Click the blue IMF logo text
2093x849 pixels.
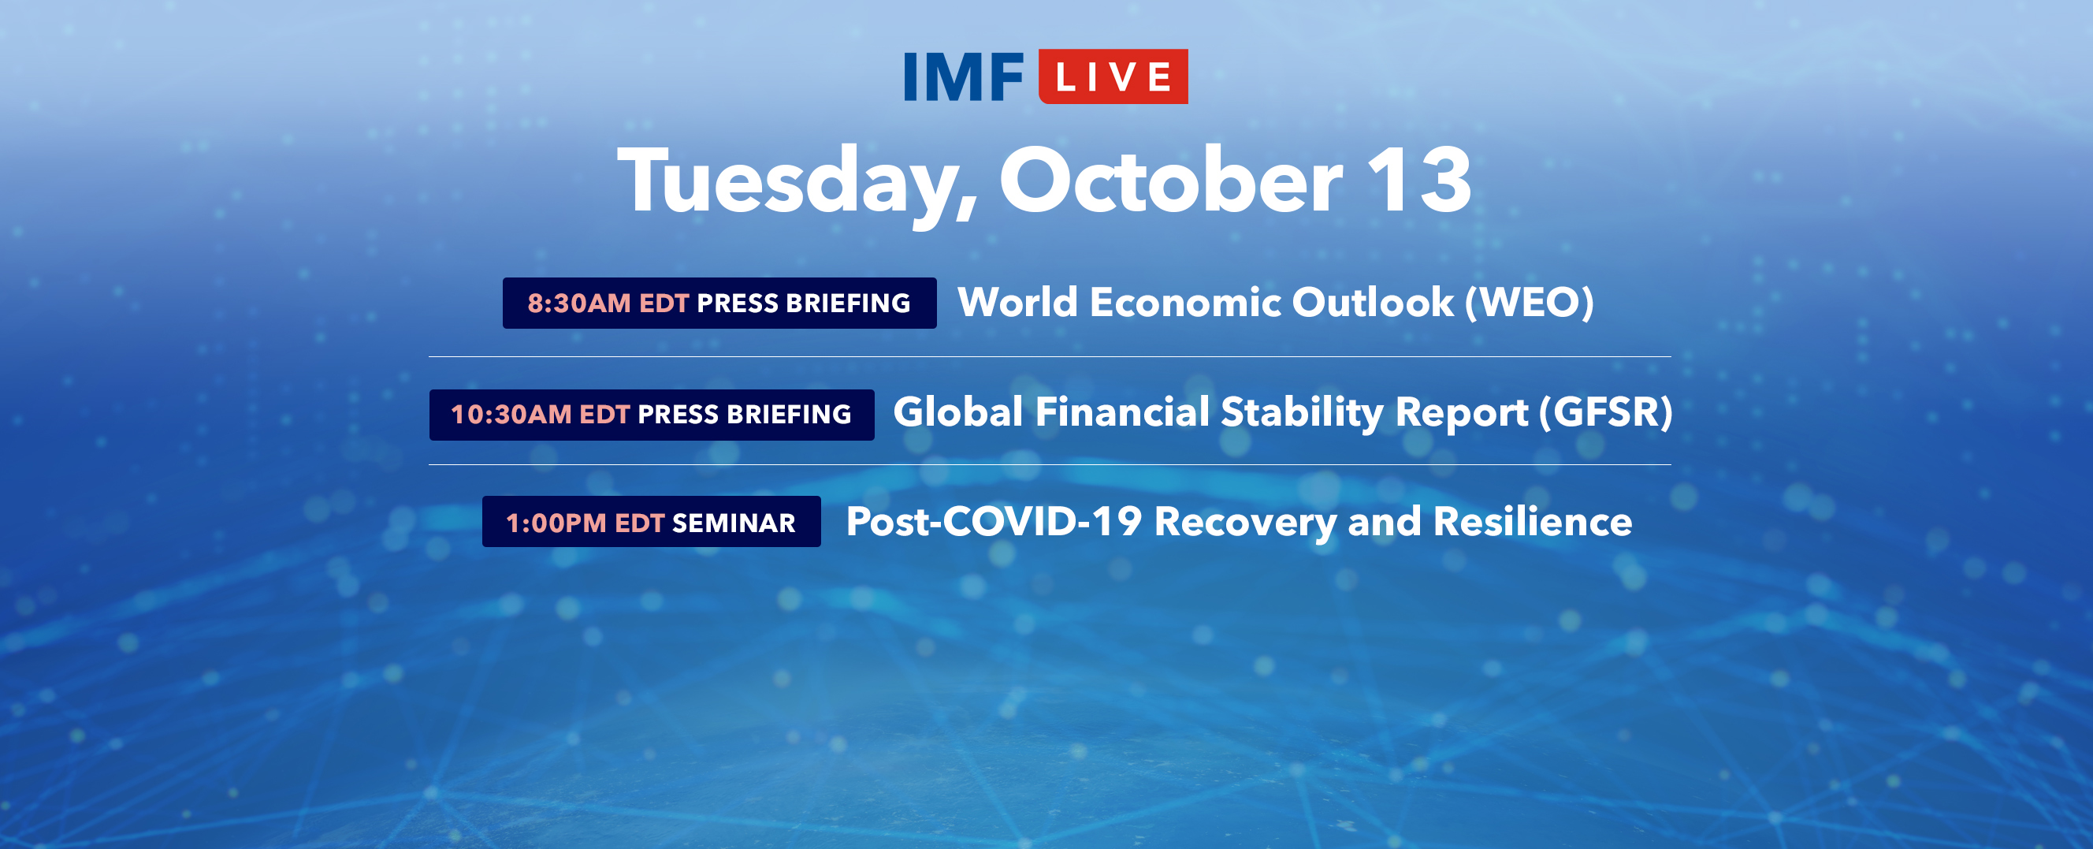(x=964, y=77)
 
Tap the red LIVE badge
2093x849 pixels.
(x=1113, y=76)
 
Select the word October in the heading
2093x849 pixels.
(x=1171, y=180)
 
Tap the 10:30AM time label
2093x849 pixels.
(x=511, y=415)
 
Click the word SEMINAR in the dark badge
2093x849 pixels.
(x=734, y=523)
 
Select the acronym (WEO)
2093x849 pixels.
(x=1528, y=302)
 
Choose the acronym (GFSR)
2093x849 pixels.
(x=1605, y=412)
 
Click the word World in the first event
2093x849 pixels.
(x=1018, y=302)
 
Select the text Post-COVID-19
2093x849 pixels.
(x=994, y=521)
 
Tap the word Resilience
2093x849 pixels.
(x=1533, y=521)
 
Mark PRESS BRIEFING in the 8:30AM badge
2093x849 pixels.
(x=804, y=303)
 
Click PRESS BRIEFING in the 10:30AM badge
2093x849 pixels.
(x=744, y=415)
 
